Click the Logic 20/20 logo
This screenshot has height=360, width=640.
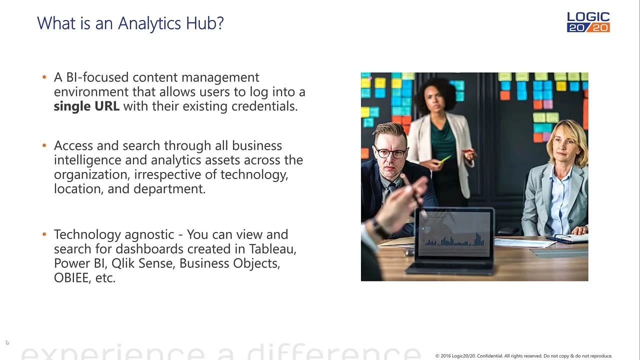[x=588, y=22]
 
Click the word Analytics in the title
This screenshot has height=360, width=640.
[x=149, y=23]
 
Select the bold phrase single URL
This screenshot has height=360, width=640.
[x=86, y=106]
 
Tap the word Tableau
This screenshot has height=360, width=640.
[x=272, y=249]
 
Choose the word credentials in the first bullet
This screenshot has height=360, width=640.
[x=264, y=106]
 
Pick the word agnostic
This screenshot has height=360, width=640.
[x=149, y=235]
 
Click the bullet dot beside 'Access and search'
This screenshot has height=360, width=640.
[x=44, y=145]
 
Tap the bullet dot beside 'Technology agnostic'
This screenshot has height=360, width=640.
[x=44, y=234]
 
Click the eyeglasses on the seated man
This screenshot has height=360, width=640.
[x=390, y=152]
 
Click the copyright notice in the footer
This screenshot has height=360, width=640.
[x=523, y=355]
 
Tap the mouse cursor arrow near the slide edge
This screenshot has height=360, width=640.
[x=7, y=342]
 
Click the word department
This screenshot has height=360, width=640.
[x=169, y=189]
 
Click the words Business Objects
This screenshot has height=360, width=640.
[x=229, y=263]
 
